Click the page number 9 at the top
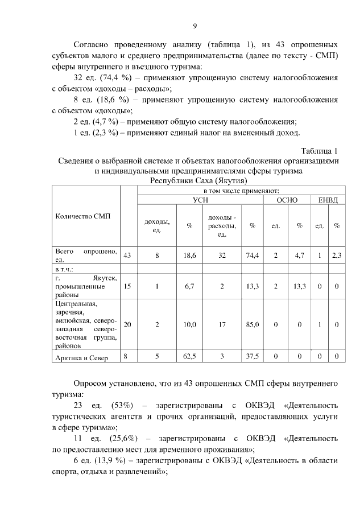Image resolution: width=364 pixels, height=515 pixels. tap(195, 26)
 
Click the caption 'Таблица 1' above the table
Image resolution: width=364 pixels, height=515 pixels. tap(320, 151)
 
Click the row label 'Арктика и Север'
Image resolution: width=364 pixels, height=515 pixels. tap(83, 357)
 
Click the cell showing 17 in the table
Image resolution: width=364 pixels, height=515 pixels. tap(222, 324)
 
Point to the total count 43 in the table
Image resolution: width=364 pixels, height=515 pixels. tap(127, 256)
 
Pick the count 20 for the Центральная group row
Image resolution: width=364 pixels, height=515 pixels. tap(127, 324)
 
